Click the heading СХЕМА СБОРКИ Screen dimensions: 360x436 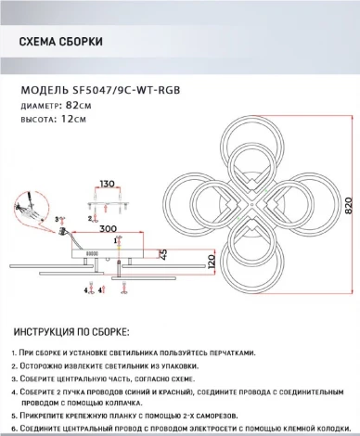[x=61, y=42]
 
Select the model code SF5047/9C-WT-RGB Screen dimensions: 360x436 [x=126, y=90]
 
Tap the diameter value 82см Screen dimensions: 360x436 [x=79, y=106]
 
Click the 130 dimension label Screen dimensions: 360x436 [x=107, y=184]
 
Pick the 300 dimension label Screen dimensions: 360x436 [x=109, y=229]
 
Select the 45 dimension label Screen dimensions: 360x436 [x=163, y=254]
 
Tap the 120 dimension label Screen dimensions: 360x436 [x=212, y=262]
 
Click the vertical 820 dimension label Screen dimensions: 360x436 [x=349, y=206]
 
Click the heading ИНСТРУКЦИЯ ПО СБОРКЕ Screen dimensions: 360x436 [x=71, y=332]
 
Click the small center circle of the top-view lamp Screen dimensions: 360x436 [x=252, y=204]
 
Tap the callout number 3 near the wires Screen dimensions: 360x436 [x=57, y=220]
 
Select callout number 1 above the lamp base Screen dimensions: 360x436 [x=116, y=240]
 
